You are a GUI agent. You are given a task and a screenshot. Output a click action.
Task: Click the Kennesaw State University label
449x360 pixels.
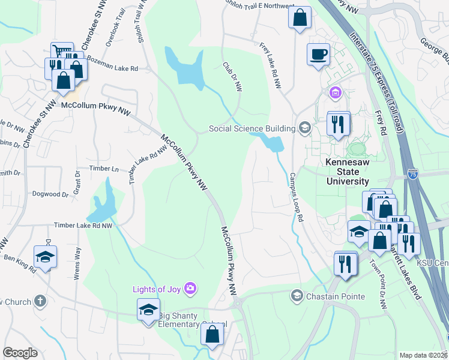pyautogui.click(x=347, y=172)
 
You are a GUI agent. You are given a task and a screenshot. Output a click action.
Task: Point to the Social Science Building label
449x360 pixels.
pyautogui.click(x=252, y=128)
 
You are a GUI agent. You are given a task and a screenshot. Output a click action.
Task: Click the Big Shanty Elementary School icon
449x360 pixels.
pyautogui.click(x=148, y=310)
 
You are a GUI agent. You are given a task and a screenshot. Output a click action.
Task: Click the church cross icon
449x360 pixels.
pyautogui.click(x=40, y=301)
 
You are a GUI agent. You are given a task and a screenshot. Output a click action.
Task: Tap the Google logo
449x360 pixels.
pyautogui.click(x=20, y=353)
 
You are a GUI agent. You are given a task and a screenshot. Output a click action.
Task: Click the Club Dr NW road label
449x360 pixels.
pyautogui.click(x=232, y=77)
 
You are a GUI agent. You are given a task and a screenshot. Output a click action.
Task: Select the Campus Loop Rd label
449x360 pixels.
pyautogui.click(x=296, y=197)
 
